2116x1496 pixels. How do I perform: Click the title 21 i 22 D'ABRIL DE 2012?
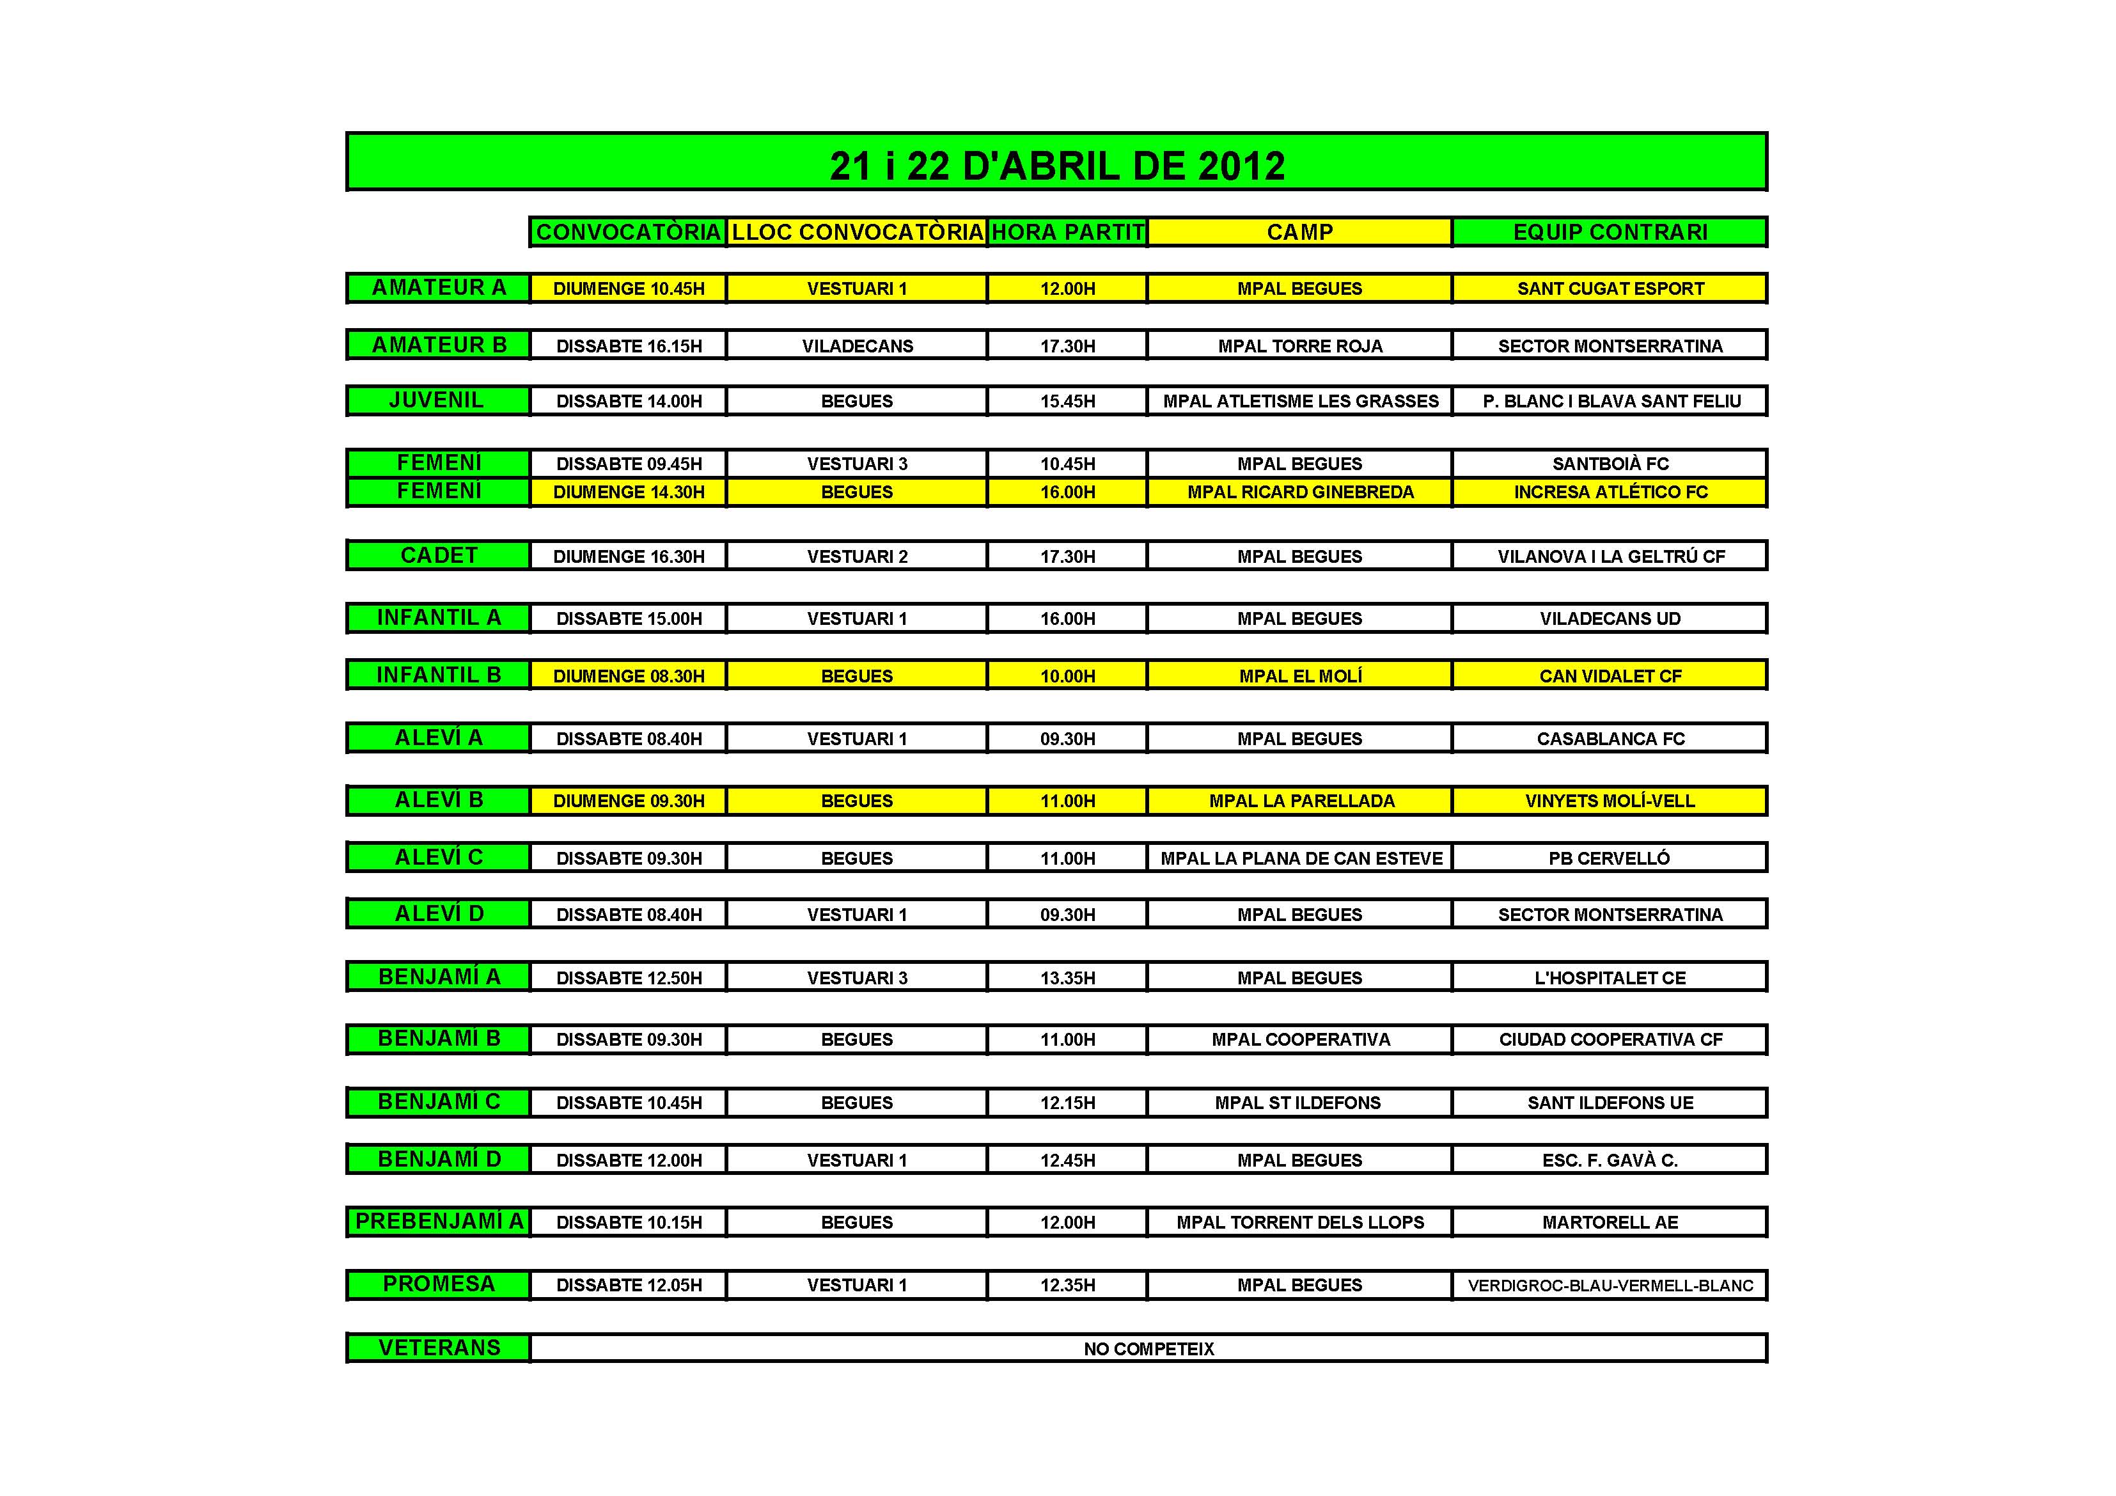click(1056, 166)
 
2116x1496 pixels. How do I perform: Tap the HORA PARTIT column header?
click(1067, 232)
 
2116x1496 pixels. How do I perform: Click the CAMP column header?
click(1299, 232)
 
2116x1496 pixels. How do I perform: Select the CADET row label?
click(439, 556)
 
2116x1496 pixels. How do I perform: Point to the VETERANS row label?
click(439, 1348)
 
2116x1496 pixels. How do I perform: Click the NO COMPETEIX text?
click(1148, 1348)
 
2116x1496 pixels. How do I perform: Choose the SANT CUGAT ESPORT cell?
click(1610, 288)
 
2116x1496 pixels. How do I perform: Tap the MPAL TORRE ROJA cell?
click(1299, 345)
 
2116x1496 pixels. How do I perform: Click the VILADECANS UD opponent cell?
click(1610, 618)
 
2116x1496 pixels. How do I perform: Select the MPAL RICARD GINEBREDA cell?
click(1299, 492)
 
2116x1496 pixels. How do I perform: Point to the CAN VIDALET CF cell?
click(1610, 675)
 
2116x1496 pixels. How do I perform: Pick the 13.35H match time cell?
click(1067, 978)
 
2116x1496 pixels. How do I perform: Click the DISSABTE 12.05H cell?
click(629, 1285)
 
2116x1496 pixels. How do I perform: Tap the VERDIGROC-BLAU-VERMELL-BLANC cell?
click(1610, 1286)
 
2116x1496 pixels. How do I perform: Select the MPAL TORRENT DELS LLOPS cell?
click(1299, 1222)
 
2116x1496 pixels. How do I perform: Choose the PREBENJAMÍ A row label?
click(439, 1222)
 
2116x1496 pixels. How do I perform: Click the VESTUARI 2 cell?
click(857, 556)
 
